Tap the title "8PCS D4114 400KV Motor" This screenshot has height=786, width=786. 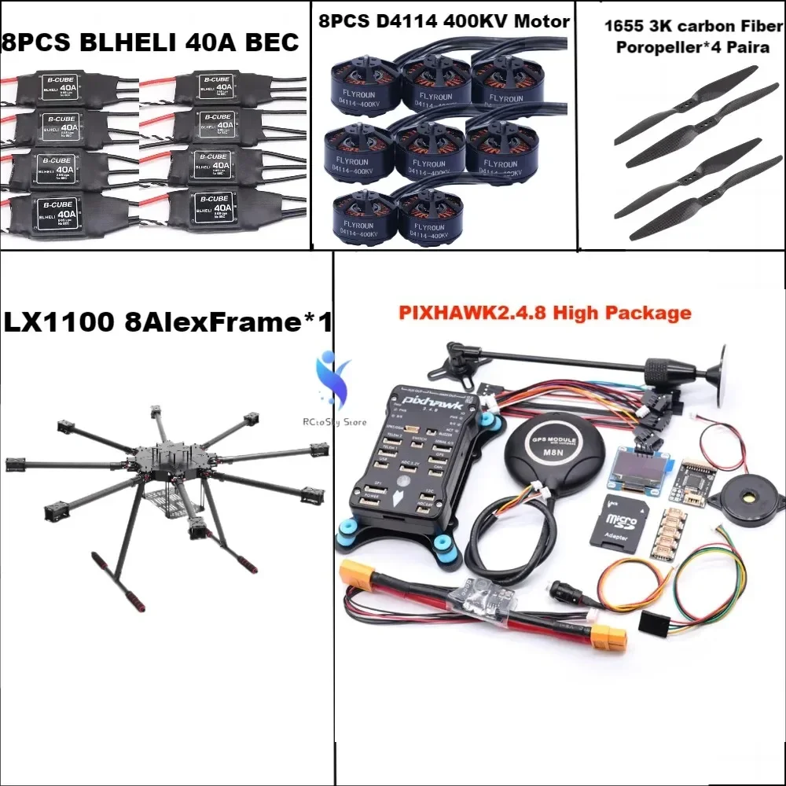(x=443, y=21)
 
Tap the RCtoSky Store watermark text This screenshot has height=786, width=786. (x=333, y=421)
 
